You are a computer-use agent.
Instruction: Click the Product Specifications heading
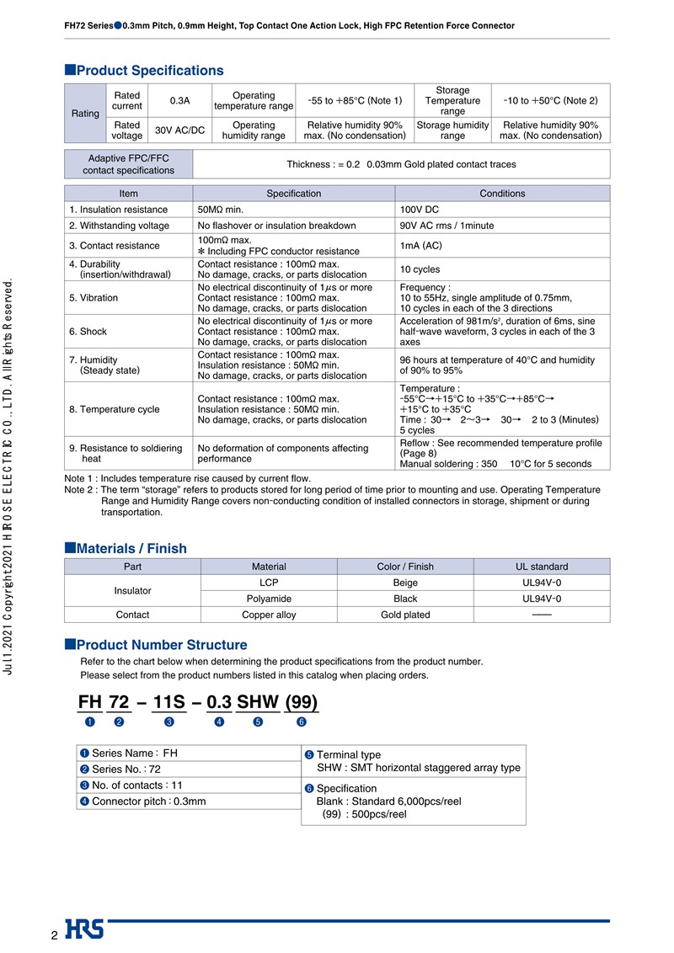coord(149,71)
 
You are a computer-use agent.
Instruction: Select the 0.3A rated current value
coord(179,101)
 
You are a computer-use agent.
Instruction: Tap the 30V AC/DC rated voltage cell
coord(179,130)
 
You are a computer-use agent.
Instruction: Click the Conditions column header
coord(502,194)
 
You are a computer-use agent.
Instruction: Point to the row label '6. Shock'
coord(88,332)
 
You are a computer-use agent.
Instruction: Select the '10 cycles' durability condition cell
coord(420,269)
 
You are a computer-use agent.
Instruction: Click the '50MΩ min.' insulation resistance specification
coord(220,210)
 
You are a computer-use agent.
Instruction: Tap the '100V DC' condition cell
coord(420,210)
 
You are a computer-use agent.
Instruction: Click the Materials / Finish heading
coord(131,548)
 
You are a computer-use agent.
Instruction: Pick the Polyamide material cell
coord(269,599)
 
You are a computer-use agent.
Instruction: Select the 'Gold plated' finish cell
coord(405,615)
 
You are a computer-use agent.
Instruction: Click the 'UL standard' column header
coord(542,567)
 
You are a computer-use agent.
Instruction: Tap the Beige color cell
coord(405,583)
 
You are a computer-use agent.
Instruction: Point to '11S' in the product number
coord(169,702)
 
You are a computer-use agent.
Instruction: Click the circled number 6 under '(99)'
coord(301,722)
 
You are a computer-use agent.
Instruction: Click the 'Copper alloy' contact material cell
coord(269,615)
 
